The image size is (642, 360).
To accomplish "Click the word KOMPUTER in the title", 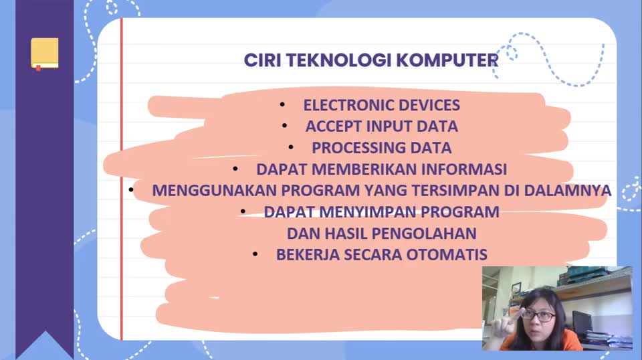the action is click(x=447, y=60).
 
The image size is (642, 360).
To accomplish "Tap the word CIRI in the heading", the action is click(x=262, y=60).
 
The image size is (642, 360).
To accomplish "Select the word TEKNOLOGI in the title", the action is click(x=338, y=60).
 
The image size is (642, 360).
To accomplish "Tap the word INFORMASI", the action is click(x=464, y=169).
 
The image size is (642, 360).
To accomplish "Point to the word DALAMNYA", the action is click(x=568, y=191).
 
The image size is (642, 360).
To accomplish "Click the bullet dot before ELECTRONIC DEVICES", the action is click(x=282, y=105).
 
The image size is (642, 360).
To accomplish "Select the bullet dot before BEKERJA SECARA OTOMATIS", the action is click(x=255, y=254).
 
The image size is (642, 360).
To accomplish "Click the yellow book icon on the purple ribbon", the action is click(x=45, y=54).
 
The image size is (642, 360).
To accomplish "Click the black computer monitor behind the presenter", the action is click(x=581, y=323).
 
